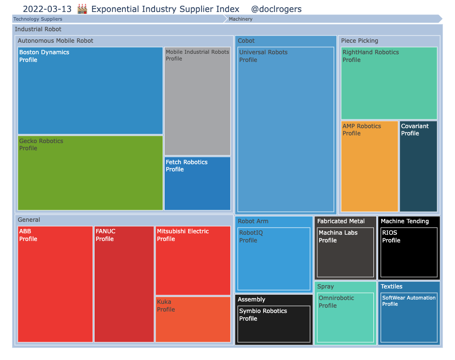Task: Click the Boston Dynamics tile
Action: [x=90, y=91]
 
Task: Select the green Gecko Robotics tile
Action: [x=90, y=173]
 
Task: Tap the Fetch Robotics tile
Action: [x=197, y=183]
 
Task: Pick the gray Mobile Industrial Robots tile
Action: [x=197, y=101]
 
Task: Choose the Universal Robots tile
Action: [x=286, y=129]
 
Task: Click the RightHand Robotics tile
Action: [x=389, y=83]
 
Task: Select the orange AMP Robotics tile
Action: [x=370, y=166]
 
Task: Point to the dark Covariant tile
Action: [x=418, y=166]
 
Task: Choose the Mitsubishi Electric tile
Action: [x=193, y=261]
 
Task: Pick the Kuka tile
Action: [x=193, y=319]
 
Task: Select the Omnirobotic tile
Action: [x=346, y=317]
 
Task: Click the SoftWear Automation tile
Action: [x=408, y=317]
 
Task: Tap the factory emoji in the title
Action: [x=82, y=9]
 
